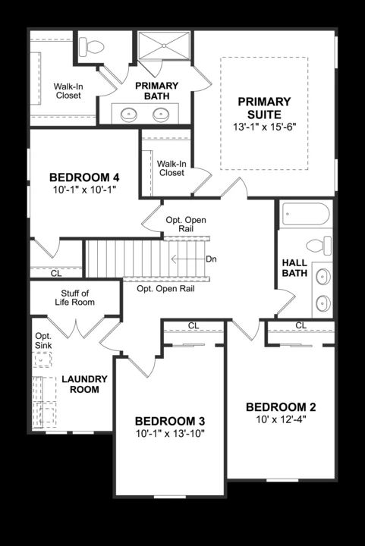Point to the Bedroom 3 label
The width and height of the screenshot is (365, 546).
(170, 421)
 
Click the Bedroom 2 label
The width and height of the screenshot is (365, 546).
(281, 406)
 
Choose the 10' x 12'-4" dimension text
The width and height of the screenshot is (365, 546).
(281, 419)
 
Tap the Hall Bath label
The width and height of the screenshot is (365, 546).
(294, 268)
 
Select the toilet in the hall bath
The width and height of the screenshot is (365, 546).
(319, 246)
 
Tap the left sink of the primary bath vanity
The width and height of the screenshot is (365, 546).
(128, 115)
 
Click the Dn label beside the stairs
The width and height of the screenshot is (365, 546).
(212, 259)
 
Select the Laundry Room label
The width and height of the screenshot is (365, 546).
(85, 384)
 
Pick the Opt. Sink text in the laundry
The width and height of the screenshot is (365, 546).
(42, 341)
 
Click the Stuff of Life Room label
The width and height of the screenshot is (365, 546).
(75, 298)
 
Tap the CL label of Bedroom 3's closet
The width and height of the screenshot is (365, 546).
(194, 326)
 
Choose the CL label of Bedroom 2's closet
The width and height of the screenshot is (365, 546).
(300, 325)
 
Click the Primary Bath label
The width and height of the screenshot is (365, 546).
(157, 91)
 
